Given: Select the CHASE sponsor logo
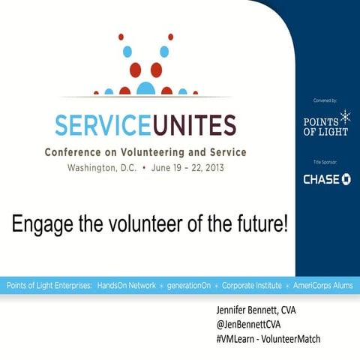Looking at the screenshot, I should pyautogui.click(x=326, y=179).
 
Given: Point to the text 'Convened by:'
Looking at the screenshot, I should pyautogui.click(x=326, y=100).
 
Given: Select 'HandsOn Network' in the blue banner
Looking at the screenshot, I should pyautogui.click(x=127, y=286).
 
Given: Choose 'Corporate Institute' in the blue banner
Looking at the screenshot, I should pyautogui.click(x=252, y=286).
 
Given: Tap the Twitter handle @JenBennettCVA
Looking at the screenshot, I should pyautogui.click(x=250, y=324).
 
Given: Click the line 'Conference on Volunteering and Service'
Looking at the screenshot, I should pyautogui.click(x=145, y=151).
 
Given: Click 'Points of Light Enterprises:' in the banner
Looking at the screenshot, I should pyautogui.click(x=49, y=286).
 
